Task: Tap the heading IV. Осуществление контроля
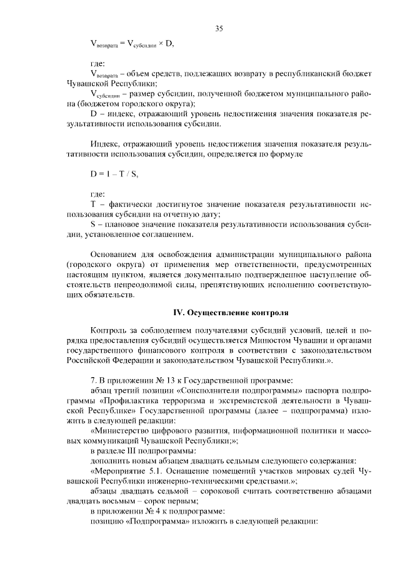(231, 311)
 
